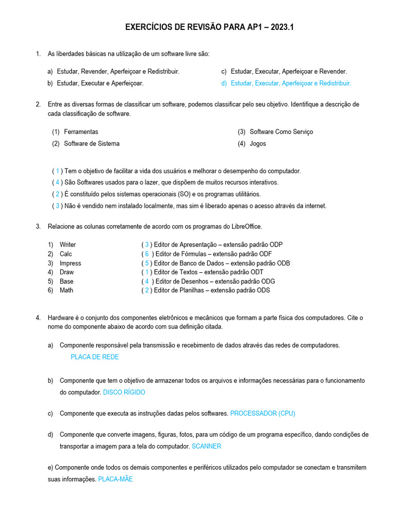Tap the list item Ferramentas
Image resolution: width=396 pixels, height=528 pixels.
point(81,132)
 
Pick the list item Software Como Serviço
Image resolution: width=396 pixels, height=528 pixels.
point(281,132)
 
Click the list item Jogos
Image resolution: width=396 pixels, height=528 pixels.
point(258,144)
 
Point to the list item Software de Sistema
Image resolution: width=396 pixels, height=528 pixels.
point(91,144)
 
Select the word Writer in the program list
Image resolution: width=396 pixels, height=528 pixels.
point(68,245)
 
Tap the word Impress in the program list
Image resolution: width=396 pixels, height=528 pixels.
point(70,263)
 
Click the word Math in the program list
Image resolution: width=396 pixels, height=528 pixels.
point(67,290)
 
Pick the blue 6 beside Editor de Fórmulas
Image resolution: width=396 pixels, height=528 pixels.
point(147,254)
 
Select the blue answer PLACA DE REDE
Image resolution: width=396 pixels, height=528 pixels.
point(94,357)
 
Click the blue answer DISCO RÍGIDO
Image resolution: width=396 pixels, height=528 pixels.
point(124,392)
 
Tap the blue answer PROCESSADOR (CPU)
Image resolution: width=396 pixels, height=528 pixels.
point(262,414)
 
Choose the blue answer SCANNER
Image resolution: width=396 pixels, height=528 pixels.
point(206,447)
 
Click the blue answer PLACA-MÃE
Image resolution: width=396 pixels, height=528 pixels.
point(115,479)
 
